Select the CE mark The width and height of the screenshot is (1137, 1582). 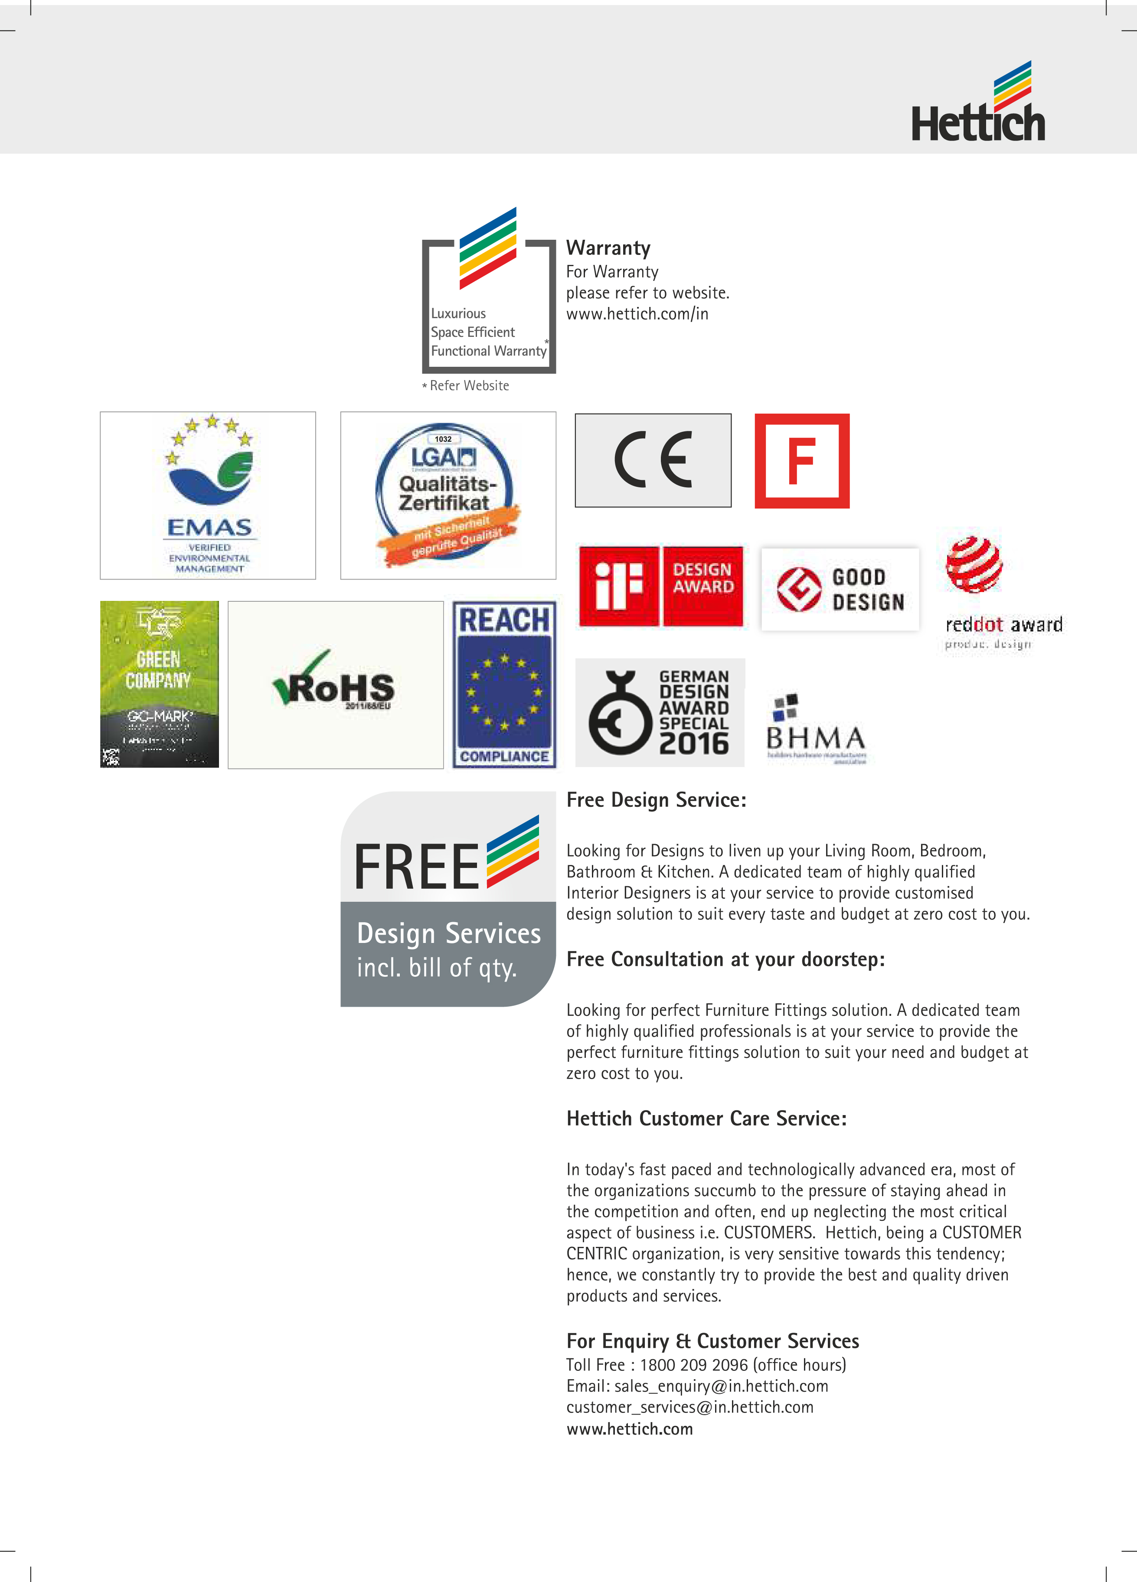click(653, 460)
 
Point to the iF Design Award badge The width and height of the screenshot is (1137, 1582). click(660, 586)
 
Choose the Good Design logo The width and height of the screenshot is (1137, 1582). click(840, 590)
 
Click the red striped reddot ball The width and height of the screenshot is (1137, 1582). click(974, 564)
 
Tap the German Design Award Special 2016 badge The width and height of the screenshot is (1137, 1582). click(660, 712)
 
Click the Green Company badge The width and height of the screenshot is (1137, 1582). click(159, 684)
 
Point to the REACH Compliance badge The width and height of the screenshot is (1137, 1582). click(504, 684)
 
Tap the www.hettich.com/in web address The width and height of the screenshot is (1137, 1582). click(637, 314)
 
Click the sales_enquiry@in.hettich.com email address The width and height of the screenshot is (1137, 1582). click(721, 1386)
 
